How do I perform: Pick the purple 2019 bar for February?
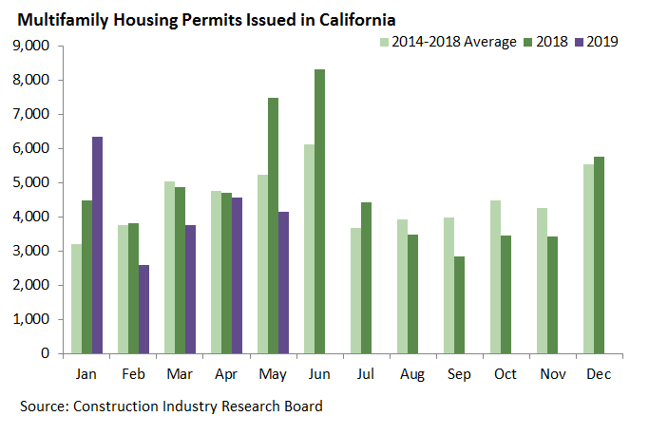pyautogui.click(x=143, y=309)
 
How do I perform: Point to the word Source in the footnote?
pyautogui.click(x=44, y=407)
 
